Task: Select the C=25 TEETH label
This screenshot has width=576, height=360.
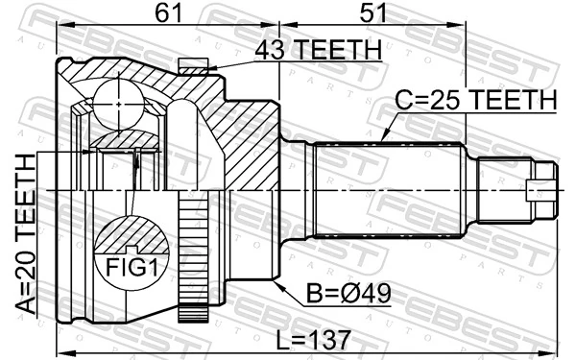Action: click(476, 100)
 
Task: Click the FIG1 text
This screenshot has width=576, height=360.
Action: click(131, 267)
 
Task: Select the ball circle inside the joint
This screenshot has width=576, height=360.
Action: click(117, 98)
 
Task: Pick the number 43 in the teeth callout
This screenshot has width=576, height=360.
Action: click(272, 50)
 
